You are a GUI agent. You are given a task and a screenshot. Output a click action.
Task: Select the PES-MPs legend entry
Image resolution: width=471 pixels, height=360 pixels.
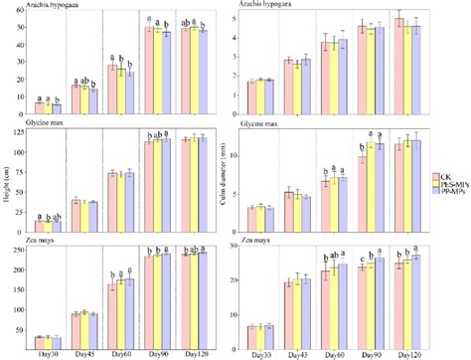[452, 185]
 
